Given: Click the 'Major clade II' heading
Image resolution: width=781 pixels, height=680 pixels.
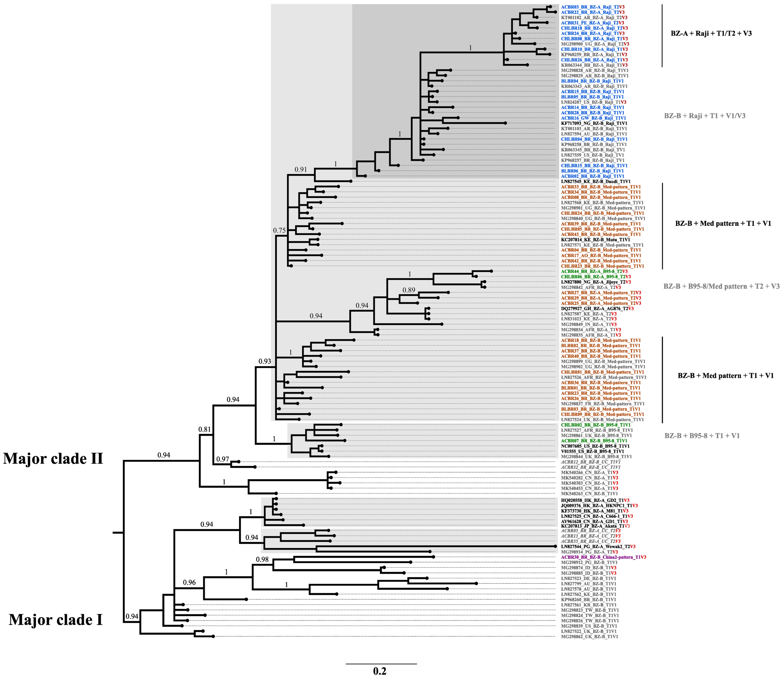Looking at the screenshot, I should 53,459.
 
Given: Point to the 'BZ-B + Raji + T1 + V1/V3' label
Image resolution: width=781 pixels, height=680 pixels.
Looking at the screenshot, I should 704,116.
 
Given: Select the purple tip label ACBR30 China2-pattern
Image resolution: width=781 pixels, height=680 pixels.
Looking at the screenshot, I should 603,557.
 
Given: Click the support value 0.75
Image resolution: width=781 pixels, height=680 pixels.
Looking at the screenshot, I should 279,230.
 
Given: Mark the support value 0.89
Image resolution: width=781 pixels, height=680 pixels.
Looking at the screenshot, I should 409,290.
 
